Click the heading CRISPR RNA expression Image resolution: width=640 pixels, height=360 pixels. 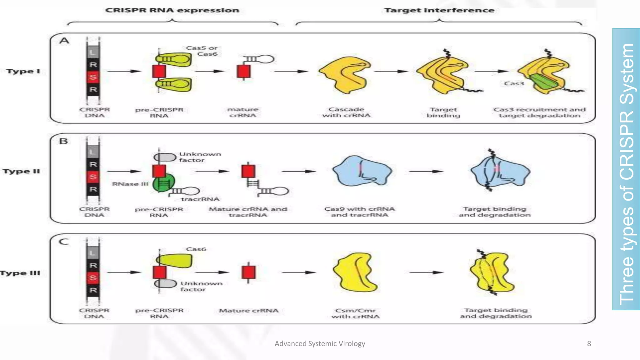172,10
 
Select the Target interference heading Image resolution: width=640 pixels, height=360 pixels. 439,10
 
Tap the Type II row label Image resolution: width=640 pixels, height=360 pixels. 21,171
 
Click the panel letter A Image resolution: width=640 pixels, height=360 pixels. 64,41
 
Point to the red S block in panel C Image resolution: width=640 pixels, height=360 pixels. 93,277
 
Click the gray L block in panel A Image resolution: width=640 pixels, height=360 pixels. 93,52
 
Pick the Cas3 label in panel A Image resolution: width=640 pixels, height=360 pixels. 514,83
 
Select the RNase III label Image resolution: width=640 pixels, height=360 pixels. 130,184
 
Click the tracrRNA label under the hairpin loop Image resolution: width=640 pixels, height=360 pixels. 200,199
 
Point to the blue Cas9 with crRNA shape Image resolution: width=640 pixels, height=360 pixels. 362,171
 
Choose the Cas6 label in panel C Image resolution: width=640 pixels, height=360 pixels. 196,249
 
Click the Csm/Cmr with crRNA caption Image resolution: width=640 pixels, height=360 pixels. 355,313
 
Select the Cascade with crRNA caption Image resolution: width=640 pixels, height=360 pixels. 346,112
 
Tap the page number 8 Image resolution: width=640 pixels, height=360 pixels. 589,343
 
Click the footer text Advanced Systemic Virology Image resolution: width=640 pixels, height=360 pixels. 320,343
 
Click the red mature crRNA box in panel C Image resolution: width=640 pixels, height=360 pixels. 248,272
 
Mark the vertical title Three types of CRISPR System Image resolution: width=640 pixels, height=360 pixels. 626,173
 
